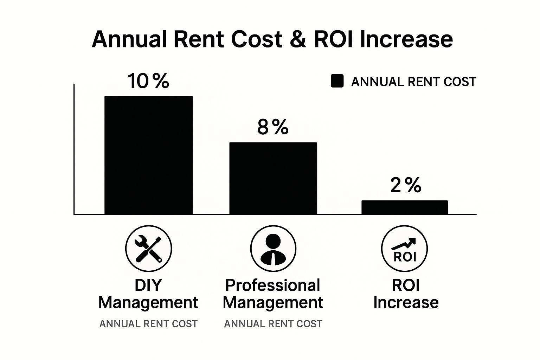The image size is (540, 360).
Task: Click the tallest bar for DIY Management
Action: coord(148,155)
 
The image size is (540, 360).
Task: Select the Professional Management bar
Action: coord(273,178)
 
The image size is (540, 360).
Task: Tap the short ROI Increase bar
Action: coord(405,207)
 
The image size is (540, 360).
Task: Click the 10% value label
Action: coord(148,81)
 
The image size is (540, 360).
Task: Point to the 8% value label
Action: coord(273,127)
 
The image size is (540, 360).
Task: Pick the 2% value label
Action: coord(405,185)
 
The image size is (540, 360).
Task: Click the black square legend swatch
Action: coord(337,81)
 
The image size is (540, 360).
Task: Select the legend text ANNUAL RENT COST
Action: coord(413,82)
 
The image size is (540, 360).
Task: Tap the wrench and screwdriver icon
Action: coord(148,249)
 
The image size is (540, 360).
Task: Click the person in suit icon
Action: coord(273,249)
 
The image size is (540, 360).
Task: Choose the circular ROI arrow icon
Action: coord(405,249)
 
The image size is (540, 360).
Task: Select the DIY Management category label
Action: coord(148,294)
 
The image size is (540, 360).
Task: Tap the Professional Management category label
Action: coord(273,294)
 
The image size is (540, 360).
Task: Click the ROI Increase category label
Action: coord(406,294)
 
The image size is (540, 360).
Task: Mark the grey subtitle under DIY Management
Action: coord(148,324)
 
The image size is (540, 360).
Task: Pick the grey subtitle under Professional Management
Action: coord(273,324)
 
